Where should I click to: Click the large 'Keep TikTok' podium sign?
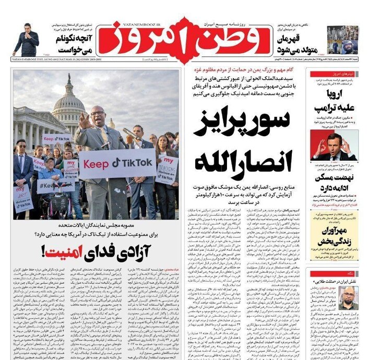click(x=118, y=162)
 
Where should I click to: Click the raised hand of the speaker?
click(x=83, y=120)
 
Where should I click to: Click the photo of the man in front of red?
click(x=334, y=146)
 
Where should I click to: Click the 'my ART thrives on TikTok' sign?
click(x=23, y=198)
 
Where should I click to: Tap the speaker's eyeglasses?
click(x=97, y=113)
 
